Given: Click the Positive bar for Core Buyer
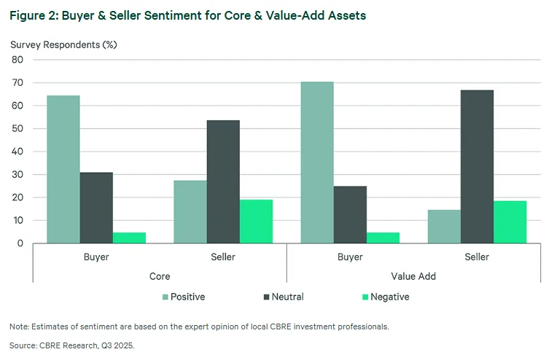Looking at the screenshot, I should pyautogui.click(x=63, y=169).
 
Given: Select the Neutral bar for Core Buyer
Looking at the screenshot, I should pyautogui.click(x=96, y=208).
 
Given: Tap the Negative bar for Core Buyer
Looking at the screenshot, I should pyautogui.click(x=129, y=238).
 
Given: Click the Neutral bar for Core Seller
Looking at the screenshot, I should pyautogui.click(x=222, y=181).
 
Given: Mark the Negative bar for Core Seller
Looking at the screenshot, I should pyautogui.click(x=255, y=222).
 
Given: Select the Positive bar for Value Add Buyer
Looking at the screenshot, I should pyautogui.click(x=317, y=163).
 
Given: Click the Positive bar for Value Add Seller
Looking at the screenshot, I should pyautogui.click(x=444, y=227).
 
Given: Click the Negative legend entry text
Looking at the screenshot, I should pyautogui.click(x=389, y=297).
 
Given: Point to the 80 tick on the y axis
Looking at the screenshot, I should pyautogui.click(x=17, y=60).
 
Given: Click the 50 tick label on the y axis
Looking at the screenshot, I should pyautogui.click(x=17, y=128).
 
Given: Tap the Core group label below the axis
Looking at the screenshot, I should pyautogui.click(x=159, y=276).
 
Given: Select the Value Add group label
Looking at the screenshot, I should pyautogui.click(x=413, y=276).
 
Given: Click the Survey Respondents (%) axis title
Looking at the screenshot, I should pyautogui.click(x=63, y=44).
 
